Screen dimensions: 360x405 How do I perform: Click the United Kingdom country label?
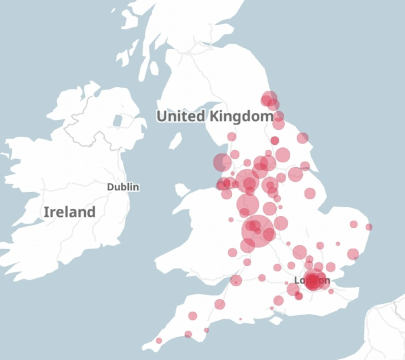(215, 116)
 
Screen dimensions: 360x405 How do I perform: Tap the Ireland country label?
(69, 212)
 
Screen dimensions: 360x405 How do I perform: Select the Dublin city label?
(123, 187)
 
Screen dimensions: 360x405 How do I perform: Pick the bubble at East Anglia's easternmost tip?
(369, 227)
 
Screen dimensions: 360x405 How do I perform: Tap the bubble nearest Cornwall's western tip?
(159, 341)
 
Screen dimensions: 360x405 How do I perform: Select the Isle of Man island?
(175, 140)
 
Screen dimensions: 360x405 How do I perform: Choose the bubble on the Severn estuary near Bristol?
(236, 281)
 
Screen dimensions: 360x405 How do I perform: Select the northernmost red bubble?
(269, 99)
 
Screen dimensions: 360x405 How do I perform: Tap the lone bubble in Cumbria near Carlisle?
(232, 137)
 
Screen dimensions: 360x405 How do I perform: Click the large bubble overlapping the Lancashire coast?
(222, 162)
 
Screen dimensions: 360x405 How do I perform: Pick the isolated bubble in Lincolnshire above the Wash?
(310, 193)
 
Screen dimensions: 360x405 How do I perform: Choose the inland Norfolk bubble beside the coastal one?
(354, 224)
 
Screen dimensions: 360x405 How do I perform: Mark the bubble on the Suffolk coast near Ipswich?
(353, 254)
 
